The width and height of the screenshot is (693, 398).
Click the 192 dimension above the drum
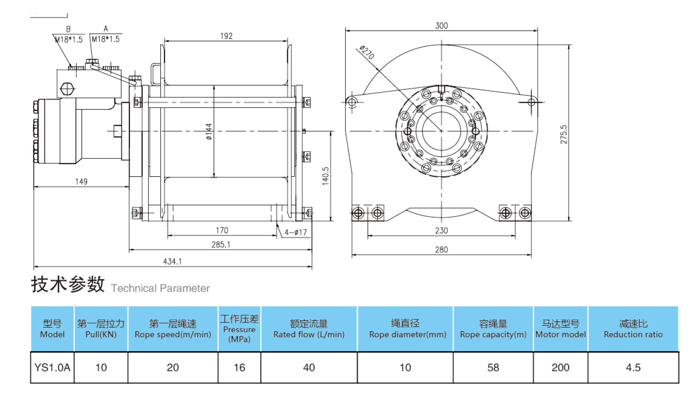click(226, 36)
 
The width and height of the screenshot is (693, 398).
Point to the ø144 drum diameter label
click(209, 131)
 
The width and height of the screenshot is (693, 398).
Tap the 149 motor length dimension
click(81, 181)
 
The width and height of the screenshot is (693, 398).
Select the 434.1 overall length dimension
click(172, 261)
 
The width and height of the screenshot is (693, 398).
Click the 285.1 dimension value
click(221, 244)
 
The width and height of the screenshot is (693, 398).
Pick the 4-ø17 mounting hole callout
click(295, 232)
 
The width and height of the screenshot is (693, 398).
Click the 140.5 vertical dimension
click(325, 176)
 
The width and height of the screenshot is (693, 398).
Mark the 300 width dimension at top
click(441, 26)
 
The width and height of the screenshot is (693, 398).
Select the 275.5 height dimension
click(563, 134)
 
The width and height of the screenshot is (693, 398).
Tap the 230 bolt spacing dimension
click(441, 230)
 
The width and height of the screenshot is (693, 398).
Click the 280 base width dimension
click(441, 250)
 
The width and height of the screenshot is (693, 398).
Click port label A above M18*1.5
click(106, 29)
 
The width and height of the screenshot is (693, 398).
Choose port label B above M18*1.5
click(68, 29)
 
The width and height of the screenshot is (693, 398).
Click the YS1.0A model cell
click(52, 367)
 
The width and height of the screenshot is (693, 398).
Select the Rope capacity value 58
click(493, 367)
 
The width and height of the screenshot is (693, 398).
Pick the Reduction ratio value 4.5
click(633, 367)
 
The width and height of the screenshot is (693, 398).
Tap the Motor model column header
click(560, 329)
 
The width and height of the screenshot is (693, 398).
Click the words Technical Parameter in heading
click(160, 288)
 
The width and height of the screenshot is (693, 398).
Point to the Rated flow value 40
click(309, 367)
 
